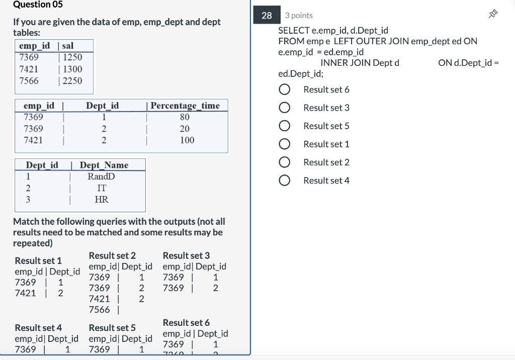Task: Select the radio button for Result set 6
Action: coord(285,89)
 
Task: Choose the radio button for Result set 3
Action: coord(285,108)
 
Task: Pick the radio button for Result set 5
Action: coord(285,126)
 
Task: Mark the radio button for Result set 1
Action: coord(285,144)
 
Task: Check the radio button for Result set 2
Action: coord(285,162)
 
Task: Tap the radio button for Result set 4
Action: coord(285,181)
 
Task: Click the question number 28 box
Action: coord(267,16)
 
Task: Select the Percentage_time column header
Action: coord(185,106)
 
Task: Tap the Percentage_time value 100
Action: coord(187,140)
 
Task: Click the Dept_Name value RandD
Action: coord(101,176)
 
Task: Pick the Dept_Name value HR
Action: coord(101,200)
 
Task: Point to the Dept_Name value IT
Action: coord(101,188)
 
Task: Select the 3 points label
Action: coord(299,16)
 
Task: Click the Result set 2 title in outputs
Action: coord(112,255)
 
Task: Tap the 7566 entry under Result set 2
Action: coord(99,310)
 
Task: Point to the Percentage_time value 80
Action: coord(185,117)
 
